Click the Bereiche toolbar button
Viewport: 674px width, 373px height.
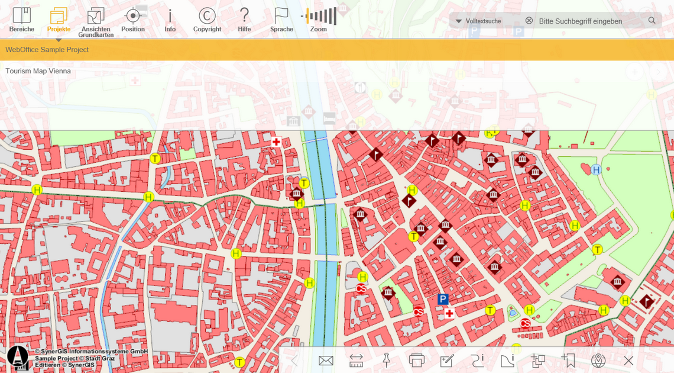click(x=22, y=20)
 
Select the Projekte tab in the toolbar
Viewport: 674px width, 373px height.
click(x=59, y=20)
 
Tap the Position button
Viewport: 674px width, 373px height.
click(x=133, y=20)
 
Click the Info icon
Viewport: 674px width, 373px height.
click(x=170, y=20)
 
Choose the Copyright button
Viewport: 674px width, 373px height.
click(x=207, y=20)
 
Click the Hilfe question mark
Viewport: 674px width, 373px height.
click(x=244, y=20)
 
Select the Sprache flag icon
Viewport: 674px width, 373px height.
click(x=281, y=20)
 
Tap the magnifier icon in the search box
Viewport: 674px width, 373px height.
click(x=652, y=21)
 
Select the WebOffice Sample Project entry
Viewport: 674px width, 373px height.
click(x=47, y=50)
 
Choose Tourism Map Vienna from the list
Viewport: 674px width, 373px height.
click(x=38, y=71)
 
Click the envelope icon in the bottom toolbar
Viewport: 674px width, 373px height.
click(x=326, y=361)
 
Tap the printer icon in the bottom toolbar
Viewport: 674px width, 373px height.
click(x=417, y=361)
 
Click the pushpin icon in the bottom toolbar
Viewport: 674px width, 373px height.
click(x=387, y=361)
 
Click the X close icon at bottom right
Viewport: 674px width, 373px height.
click(x=628, y=361)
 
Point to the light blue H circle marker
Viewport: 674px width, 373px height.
click(x=596, y=170)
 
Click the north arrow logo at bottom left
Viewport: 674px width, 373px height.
click(x=18, y=358)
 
